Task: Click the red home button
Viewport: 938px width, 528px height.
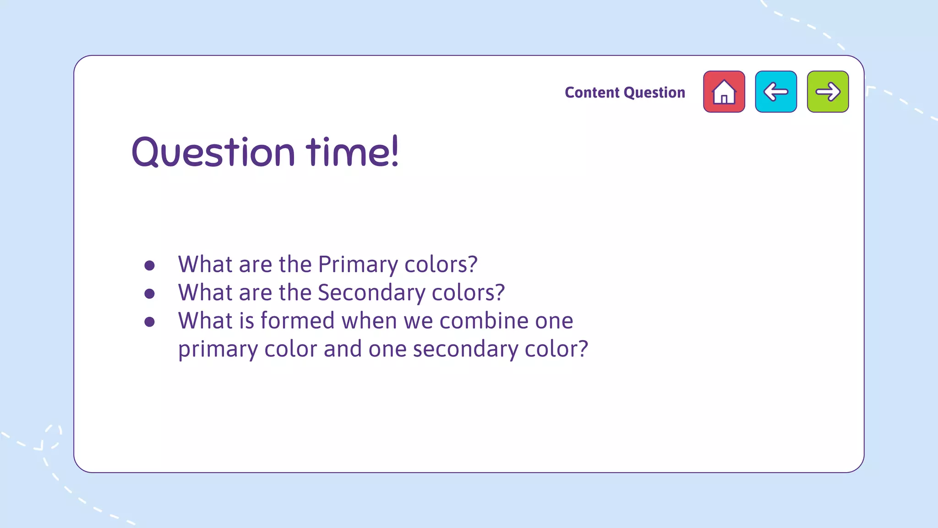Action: point(724,92)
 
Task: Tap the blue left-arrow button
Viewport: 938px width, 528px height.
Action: point(775,92)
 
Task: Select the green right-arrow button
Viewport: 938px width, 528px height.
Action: point(828,92)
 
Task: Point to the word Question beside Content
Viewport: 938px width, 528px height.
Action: point(654,93)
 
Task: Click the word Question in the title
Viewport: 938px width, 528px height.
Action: point(213,152)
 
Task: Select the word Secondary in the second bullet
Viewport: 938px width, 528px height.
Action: point(371,293)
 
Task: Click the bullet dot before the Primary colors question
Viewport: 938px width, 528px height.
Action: point(149,265)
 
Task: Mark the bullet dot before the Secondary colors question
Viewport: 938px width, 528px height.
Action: point(149,293)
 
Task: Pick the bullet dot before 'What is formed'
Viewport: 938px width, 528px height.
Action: point(149,322)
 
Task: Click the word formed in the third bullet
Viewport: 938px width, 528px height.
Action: point(298,320)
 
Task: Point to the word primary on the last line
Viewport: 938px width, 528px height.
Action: point(218,349)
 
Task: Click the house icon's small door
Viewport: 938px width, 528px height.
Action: point(724,99)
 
